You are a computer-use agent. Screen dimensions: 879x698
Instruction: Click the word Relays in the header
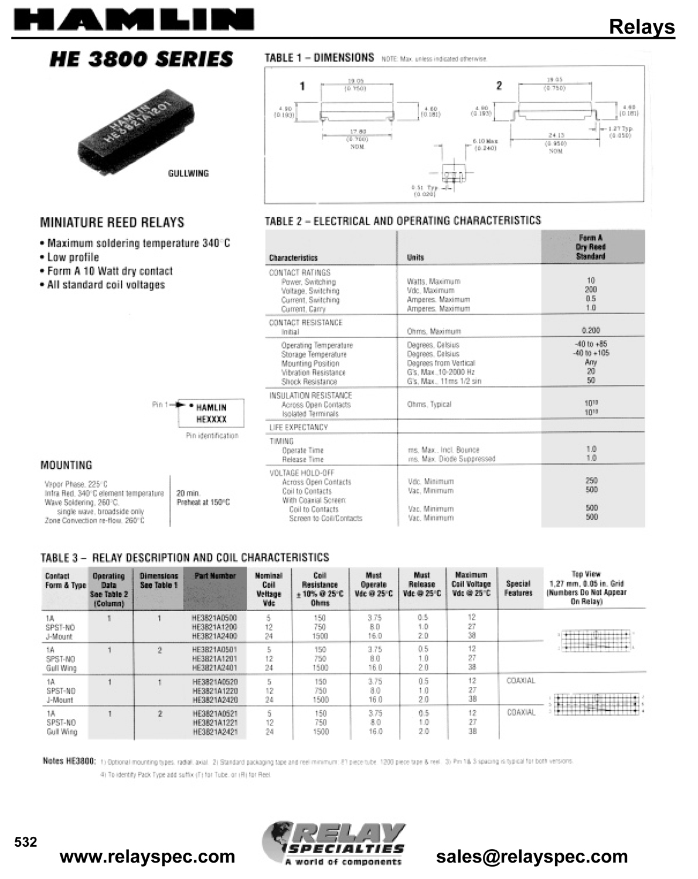642,26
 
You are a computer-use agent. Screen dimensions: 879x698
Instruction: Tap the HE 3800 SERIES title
141,59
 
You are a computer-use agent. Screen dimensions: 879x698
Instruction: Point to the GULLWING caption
188,173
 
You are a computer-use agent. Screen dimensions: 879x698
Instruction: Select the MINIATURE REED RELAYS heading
112,223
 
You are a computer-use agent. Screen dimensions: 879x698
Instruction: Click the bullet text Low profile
73,257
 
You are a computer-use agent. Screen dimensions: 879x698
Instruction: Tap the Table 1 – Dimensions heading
319,58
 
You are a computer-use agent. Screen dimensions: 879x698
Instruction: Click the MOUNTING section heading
66,465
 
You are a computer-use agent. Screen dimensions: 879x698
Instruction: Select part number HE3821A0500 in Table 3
214,618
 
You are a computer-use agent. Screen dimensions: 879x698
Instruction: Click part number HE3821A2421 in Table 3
214,732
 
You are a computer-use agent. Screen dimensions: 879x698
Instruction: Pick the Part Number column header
214,576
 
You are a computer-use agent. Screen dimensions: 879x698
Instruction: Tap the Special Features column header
518,588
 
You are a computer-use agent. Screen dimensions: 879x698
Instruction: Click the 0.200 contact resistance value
591,331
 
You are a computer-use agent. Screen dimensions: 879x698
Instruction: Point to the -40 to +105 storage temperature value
591,353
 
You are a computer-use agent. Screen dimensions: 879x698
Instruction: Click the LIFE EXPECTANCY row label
298,427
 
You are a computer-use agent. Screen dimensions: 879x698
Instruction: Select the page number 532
26,842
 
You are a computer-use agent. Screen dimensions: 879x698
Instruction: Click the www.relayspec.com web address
148,857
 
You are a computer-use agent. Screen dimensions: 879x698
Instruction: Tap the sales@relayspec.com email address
532,857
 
